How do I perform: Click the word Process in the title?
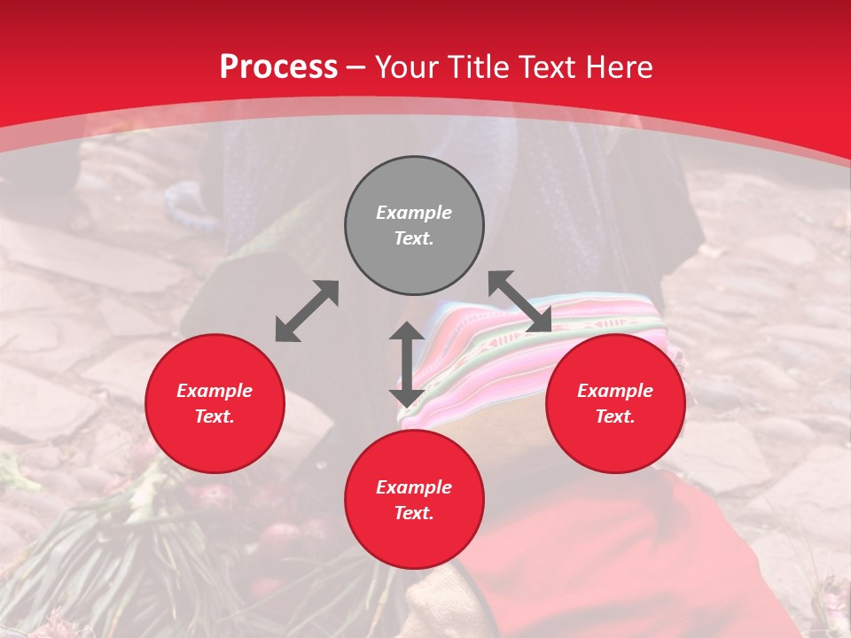click(x=278, y=67)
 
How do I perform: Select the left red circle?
click(x=215, y=443)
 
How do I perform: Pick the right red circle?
click(x=615, y=443)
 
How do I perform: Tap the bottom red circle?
click(x=414, y=541)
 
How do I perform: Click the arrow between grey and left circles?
click(x=307, y=311)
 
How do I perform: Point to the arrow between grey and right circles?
click(x=519, y=301)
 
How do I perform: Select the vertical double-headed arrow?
click(x=407, y=364)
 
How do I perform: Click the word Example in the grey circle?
click(x=414, y=213)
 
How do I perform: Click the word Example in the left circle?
click(x=215, y=391)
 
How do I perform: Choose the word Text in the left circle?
click(x=214, y=416)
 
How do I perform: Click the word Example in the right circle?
click(x=615, y=391)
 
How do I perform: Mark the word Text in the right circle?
click(x=614, y=416)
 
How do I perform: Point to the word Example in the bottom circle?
click(x=414, y=487)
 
